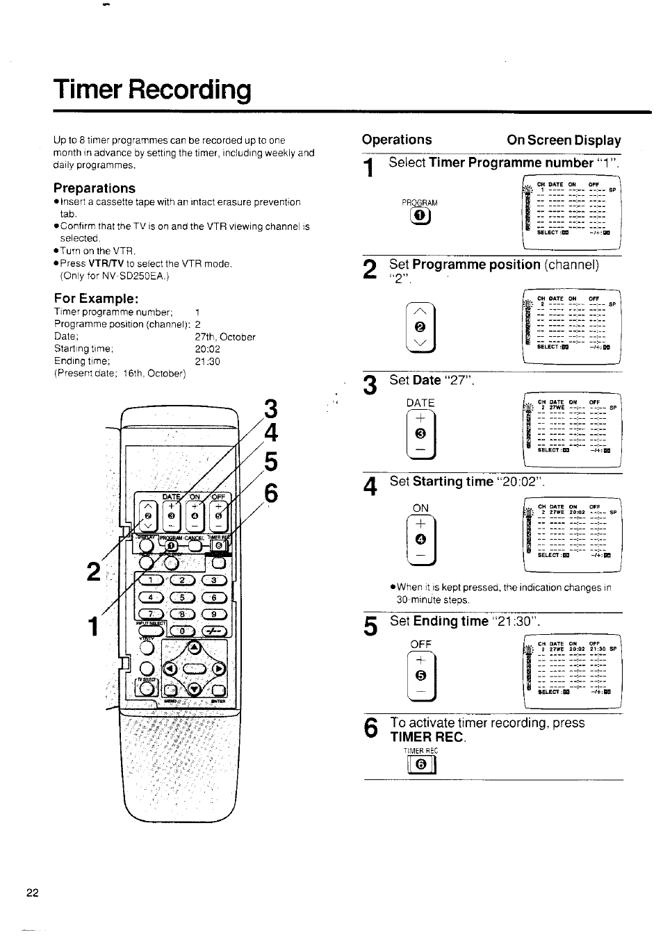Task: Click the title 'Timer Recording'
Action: click(x=152, y=90)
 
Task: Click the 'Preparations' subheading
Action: click(x=95, y=188)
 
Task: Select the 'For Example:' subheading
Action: click(x=97, y=298)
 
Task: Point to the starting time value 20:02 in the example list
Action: click(x=207, y=349)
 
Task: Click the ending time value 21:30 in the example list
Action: click(x=207, y=361)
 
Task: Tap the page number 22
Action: click(x=33, y=893)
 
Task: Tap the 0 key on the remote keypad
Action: click(x=182, y=631)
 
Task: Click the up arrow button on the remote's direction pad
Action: click(x=195, y=647)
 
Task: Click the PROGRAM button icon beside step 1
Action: click(x=419, y=217)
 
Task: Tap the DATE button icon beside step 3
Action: click(x=420, y=434)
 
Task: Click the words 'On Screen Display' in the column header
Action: click(x=564, y=140)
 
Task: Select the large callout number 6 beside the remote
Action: click(x=270, y=492)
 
